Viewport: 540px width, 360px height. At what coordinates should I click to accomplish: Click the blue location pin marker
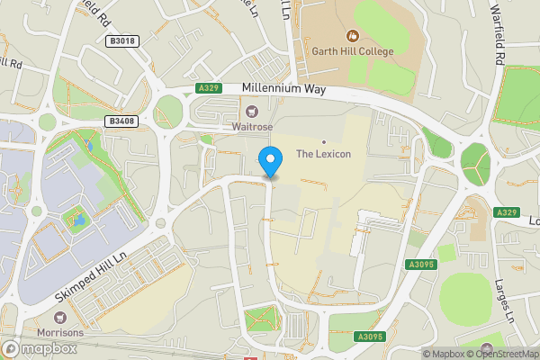pos(270,161)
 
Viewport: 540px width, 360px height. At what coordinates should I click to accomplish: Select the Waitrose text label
pos(253,127)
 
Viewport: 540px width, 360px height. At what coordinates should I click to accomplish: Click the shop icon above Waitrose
pos(253,112)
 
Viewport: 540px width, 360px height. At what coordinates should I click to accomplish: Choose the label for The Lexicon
pos(323,154)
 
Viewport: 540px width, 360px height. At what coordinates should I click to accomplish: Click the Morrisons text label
pos(61,332)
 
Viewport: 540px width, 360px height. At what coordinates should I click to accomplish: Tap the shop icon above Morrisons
pos(61,318)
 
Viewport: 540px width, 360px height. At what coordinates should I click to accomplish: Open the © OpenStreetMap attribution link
pos(503,354)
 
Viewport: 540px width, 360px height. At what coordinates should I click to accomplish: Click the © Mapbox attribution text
pos(443,354)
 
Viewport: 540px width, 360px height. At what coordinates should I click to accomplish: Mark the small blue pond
pos(79,219)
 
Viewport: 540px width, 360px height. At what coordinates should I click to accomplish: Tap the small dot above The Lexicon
pos(323,141)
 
